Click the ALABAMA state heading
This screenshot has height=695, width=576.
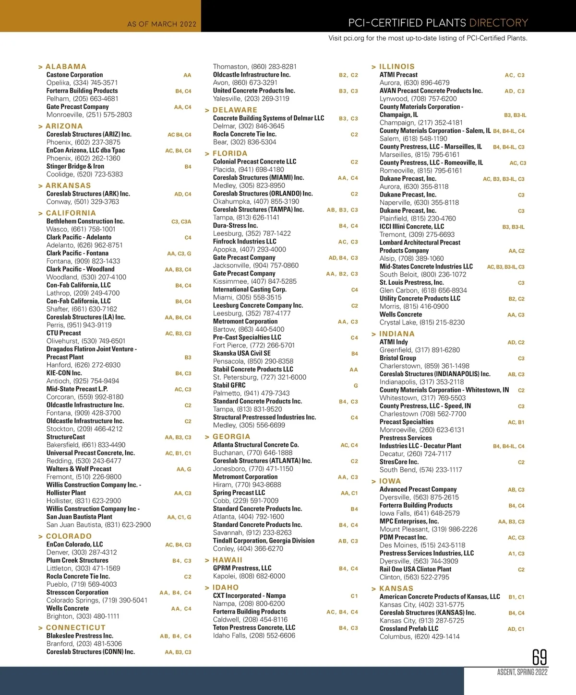(x=66, y=67)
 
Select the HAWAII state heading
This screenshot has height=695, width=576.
(x=227, y=560)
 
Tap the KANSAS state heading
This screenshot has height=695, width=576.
(x=396, y=589)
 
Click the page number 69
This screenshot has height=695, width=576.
(x=540, y=657)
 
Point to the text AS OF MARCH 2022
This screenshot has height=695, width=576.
(x=162, y=24)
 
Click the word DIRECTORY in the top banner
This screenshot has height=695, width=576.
(x=498, y=23)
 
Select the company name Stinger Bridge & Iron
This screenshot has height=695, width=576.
(x=75, y=166)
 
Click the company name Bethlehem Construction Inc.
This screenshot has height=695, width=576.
(x=85, y=221)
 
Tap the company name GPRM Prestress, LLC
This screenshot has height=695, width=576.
(x=242, y=568)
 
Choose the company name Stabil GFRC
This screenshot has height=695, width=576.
(x=229, y=385)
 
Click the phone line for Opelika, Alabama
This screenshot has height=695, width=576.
(x=82, y=82)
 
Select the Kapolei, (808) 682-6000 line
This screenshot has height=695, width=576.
(x=249, y=576)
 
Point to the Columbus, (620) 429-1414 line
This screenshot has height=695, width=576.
(x=420, y=637)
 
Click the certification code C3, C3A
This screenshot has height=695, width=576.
(x=181, y=221)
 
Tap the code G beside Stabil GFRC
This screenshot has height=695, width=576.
(x=356, y=385)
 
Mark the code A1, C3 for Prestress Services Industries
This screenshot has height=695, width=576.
(x=516, y=554)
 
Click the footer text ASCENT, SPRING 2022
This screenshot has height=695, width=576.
(x=522, y=672)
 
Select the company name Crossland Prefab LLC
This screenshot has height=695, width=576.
(x=409, y=628)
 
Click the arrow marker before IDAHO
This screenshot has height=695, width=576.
(x=207, y=588)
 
